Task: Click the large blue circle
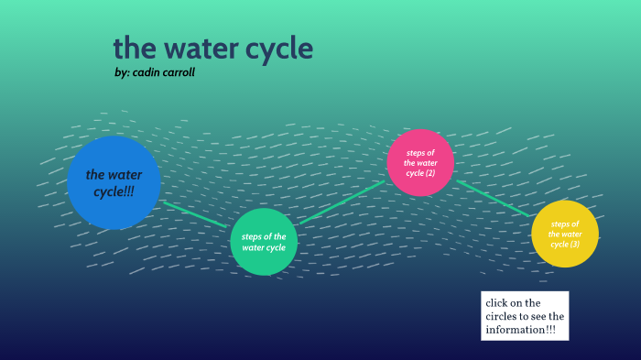coord(114,182)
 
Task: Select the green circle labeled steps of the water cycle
coord(264,242)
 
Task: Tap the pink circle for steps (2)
coord(419,162)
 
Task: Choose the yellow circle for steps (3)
coord(564,234)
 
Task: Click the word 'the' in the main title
coord(132,48)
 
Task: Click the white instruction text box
coord(525,316)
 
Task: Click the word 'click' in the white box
coord(498,302)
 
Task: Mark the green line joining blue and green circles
coord(195,214)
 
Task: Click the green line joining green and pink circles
coord(342,202)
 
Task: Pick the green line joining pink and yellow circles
coord(493,198)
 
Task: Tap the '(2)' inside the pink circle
coord(429,173)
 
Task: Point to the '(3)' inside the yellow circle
coord(574,245)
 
